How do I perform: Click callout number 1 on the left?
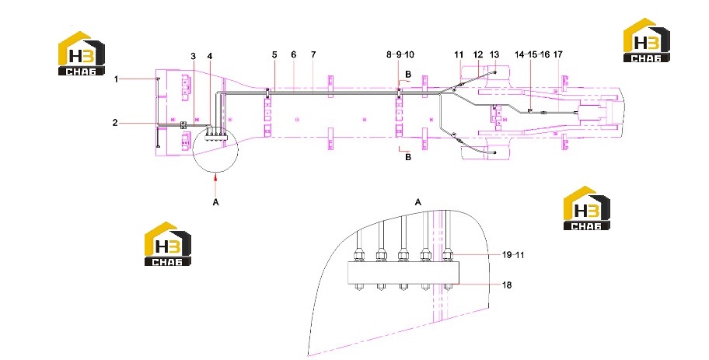116,79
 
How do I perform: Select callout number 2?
115,123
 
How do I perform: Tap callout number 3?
193,56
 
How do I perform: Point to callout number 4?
210,56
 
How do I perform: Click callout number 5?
274,54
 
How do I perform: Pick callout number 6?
293,54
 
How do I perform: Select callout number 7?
313,54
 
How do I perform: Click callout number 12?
478,54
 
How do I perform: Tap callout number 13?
494,54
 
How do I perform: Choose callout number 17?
558,54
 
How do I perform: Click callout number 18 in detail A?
507,285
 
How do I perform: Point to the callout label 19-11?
513,255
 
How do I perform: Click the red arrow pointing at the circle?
216,180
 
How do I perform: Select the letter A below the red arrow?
215,202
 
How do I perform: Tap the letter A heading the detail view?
417,202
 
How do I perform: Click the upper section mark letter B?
408,74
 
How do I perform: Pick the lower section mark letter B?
408,157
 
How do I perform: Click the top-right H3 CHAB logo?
647,40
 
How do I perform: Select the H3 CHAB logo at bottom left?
168,243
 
